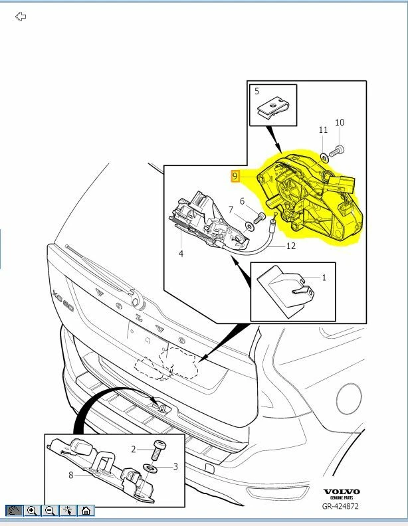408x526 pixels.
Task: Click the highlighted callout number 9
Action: tap(235, 176)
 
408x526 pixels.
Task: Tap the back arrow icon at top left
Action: tap(21, 16)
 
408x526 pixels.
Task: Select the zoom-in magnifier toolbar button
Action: tap(32, 510)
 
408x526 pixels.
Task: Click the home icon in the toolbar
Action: tap(86, 510)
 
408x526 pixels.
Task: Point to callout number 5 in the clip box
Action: tap(256, 92)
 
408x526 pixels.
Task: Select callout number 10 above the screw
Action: tap(340, 123)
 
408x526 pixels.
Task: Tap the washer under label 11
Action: tap(323, 157)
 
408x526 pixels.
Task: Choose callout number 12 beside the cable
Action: tap(290, 246)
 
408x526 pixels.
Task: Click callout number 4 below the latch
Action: tap(180, 253)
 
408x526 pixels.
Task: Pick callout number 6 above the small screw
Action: tap(242, 201)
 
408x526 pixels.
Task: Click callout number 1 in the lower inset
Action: tap(324, 277)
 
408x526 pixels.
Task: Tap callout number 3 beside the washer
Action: tap(175, 467)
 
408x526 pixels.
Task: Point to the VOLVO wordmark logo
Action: tap(342, 493)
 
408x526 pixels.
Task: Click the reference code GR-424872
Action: tap(342, 507)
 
